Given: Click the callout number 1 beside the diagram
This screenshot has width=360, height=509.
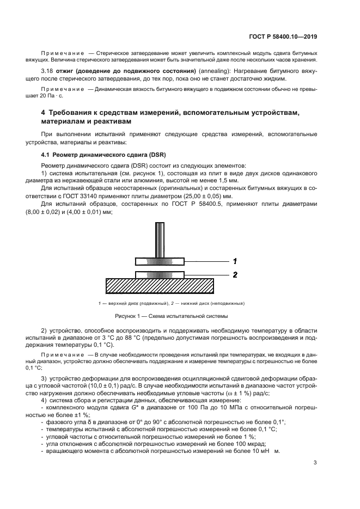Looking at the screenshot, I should (234, 260).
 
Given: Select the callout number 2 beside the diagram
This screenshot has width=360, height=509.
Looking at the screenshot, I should (234, 275).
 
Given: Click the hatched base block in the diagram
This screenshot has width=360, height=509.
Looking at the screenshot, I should (159, 286).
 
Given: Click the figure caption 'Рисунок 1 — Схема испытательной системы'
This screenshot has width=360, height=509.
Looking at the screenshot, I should (171, 316).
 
